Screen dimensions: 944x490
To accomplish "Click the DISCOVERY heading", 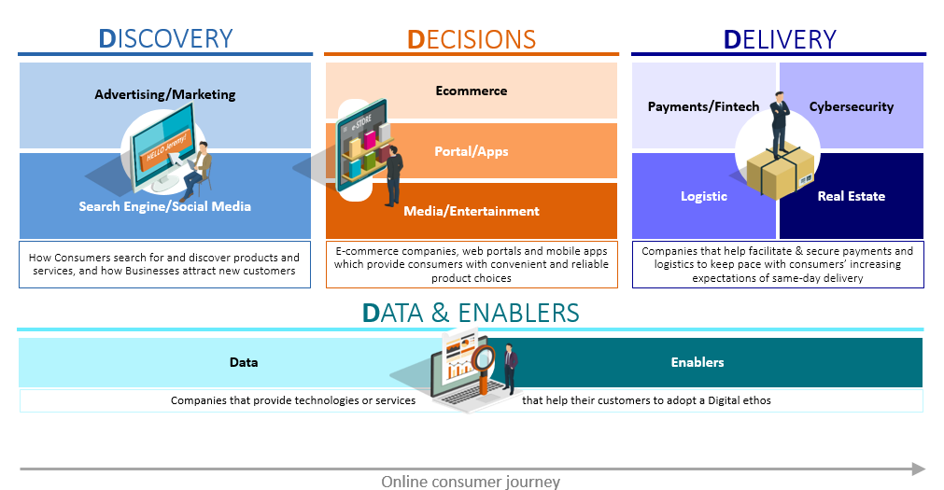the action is [x=165, y=38].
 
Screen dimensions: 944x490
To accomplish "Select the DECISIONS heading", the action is [x=472, y=40].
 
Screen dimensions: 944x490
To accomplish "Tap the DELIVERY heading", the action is [x=780, y=40].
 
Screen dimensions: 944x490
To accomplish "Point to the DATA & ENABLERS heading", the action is [x=471, y=313].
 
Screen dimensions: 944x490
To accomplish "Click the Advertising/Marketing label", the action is [x=165, y=94].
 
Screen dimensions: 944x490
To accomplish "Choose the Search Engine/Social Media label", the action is [x=165, y=206].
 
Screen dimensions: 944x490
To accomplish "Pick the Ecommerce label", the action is [x=472, y=91].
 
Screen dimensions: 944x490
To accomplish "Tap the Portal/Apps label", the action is [x=472, y=152].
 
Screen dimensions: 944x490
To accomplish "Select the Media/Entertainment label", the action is [x=472, y=211].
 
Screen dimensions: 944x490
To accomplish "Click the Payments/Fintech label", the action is [x=703, y=106].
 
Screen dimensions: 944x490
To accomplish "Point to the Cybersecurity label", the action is [x=852, y=106].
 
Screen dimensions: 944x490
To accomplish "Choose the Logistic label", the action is [x=704, y=196].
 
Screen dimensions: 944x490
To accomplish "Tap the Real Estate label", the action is [x=852, y=196].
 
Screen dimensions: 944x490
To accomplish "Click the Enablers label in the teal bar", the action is [x=697, y=362].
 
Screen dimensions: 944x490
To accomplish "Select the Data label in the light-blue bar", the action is [x=244, y=362].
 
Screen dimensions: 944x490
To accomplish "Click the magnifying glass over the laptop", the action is [x=483, y=363].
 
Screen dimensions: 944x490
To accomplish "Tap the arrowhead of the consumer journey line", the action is [x=919, y=469].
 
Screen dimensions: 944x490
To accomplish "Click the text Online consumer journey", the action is [x=471, y=482].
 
